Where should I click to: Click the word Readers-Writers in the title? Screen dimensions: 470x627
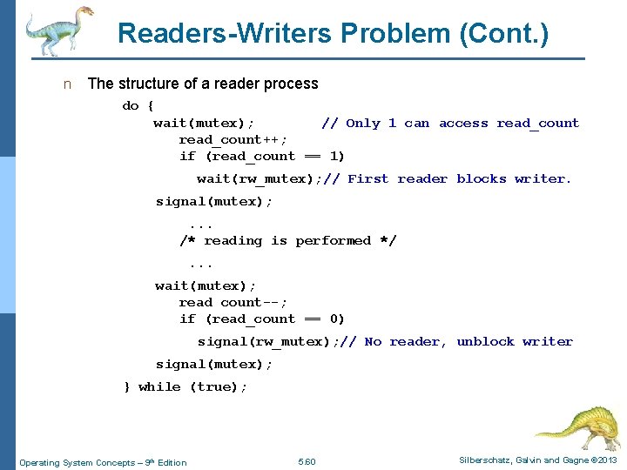tap(225, 33)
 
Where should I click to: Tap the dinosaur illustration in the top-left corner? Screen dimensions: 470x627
tap(57, 30)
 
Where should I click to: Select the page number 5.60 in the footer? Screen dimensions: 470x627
tap(307, 462)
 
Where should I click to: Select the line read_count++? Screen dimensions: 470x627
tap(233, 139)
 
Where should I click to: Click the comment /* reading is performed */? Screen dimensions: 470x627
tap(287, 240)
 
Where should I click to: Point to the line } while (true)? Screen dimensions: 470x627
tap(186, 386)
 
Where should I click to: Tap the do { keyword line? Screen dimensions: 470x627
tap(138, 105)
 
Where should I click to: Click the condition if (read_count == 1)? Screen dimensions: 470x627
tap(262, 156)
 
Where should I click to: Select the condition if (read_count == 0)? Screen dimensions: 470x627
tap(262, 319)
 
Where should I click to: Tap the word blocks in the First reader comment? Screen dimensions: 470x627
tap(481, 178)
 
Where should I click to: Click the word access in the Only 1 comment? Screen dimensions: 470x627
tap(463, 123)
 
